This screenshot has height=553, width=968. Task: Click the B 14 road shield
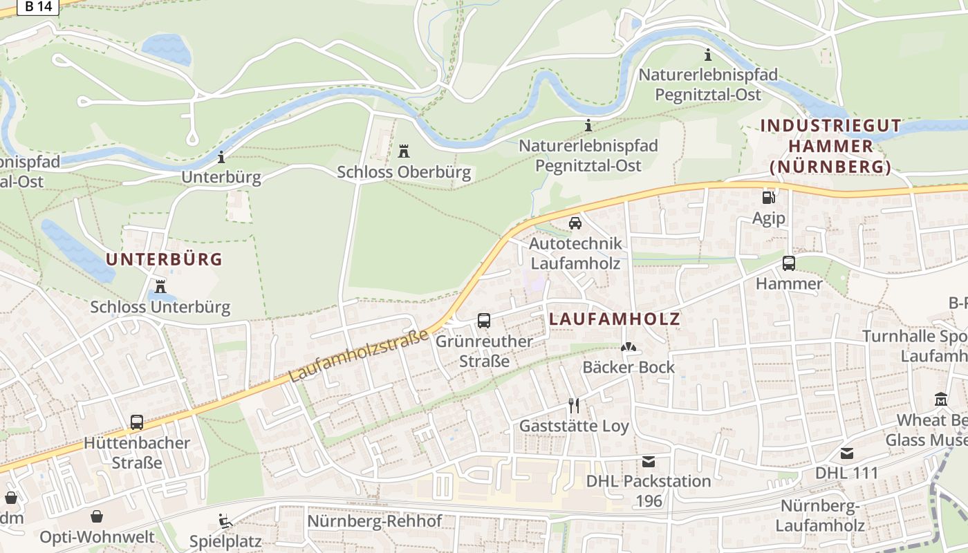[x=38, y=6]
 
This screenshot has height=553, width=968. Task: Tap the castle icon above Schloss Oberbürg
[x=404, y=151]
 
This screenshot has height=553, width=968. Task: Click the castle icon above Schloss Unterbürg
[x=160, y=285]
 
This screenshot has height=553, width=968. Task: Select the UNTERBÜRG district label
[x=164, y=259]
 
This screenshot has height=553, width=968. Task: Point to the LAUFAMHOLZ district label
[x=615, y=319]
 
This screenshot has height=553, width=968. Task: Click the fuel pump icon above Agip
[x=768, y=198]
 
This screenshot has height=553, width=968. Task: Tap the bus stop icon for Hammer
[x=788, y=263]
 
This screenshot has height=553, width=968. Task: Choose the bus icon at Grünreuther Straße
[x=484, y=321]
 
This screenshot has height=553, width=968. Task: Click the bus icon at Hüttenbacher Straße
[x=137, y=422]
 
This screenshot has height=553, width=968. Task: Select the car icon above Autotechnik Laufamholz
[x=575, y=223]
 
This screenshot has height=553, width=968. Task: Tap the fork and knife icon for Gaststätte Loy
[x=573, y=405]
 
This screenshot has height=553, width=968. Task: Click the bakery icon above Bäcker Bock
[x=628, y=347]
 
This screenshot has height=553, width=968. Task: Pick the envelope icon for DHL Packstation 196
[x=648, y=461]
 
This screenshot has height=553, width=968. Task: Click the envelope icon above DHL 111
[x=846, y=453]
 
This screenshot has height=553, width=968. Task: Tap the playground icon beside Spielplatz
[x=225, y=521]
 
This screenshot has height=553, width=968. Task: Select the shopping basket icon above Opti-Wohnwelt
[x=97, y=516]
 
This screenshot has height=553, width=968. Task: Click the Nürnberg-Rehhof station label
[x=374, y=521]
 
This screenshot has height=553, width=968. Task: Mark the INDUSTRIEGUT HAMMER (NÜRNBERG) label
[x=830, y=146]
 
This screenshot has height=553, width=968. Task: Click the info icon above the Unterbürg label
[x=221, y=157]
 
